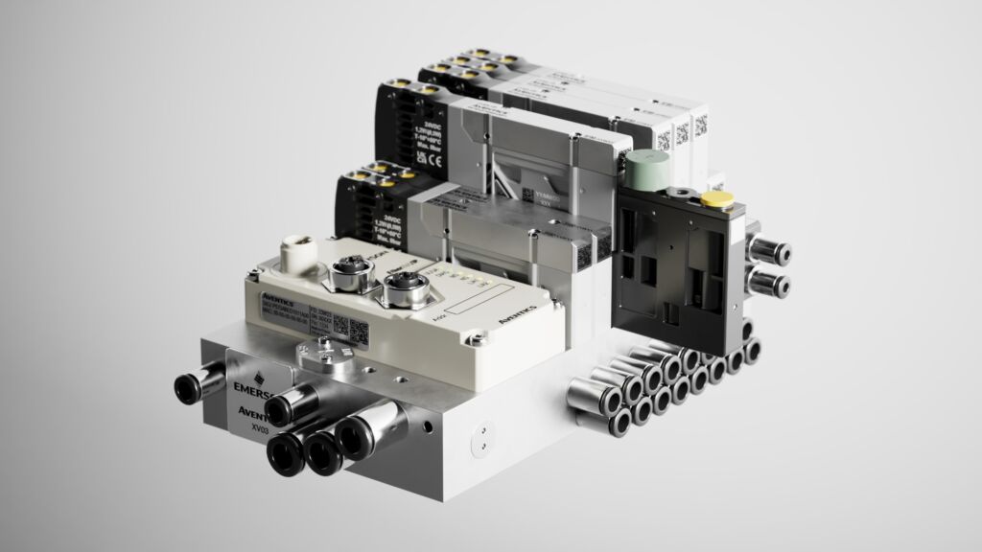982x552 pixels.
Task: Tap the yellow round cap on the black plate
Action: (x=715, y=198)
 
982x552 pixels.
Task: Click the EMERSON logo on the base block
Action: (x=251, y=387)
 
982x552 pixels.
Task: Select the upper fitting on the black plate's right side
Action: (x=768, y=253)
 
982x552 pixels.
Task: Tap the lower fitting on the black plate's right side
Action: (x=771, y=284)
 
